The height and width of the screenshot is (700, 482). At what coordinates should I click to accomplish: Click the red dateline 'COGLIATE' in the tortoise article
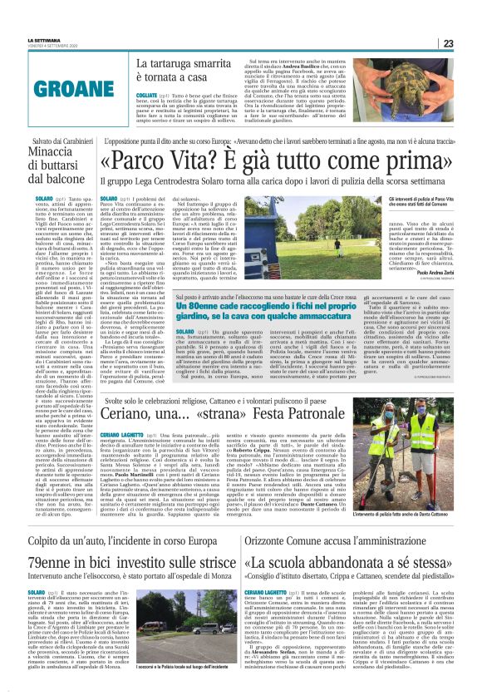point(147,96)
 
